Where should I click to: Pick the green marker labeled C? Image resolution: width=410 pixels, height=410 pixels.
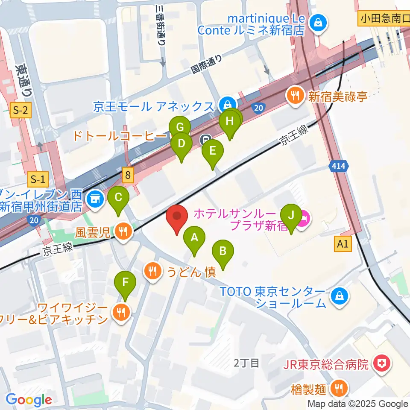(x=118, y=199)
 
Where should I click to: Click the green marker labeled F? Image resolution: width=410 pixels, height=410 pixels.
(x=125, y=284)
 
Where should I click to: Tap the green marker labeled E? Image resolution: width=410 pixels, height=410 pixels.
(x=213, y=152)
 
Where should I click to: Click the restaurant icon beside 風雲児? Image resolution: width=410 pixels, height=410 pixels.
(x=123, y=233)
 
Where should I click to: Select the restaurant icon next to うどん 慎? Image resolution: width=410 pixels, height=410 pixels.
(x=152, y=270)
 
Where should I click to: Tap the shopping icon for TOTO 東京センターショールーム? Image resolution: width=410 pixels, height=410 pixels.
(x=339, y=295)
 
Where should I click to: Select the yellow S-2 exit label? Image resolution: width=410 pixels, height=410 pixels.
(x=20, y=111)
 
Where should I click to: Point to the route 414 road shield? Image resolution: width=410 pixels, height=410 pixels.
(x=340, y=165)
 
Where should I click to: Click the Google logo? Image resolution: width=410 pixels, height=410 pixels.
(x=29, y=400)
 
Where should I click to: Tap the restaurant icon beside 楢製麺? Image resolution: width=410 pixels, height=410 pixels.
(x=340, y=388)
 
